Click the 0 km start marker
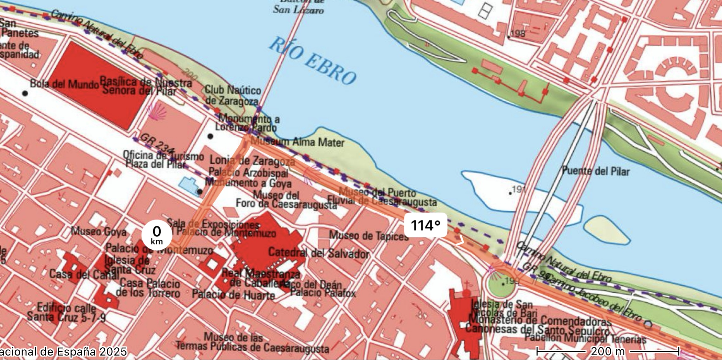click(157, 235)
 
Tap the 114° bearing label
click(425, 225)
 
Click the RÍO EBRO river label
click(312, 62)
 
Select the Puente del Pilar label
click(596, 171)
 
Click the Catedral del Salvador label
click(318, 253)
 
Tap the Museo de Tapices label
click(369, 236)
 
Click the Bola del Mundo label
click(64, 83)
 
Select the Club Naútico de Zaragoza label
click(233, 95)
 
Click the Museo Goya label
click(98, 232)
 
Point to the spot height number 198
click(518, 34)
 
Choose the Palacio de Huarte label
click(233, 294)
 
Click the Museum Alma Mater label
click(297, 142)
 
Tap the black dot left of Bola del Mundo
click(25, 93)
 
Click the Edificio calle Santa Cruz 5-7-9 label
click(66, 312)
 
